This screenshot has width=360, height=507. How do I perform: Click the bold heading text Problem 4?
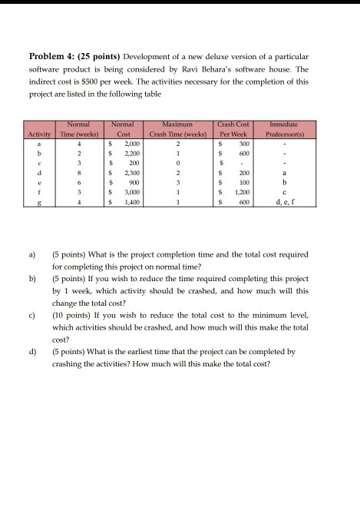coord(55,57)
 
